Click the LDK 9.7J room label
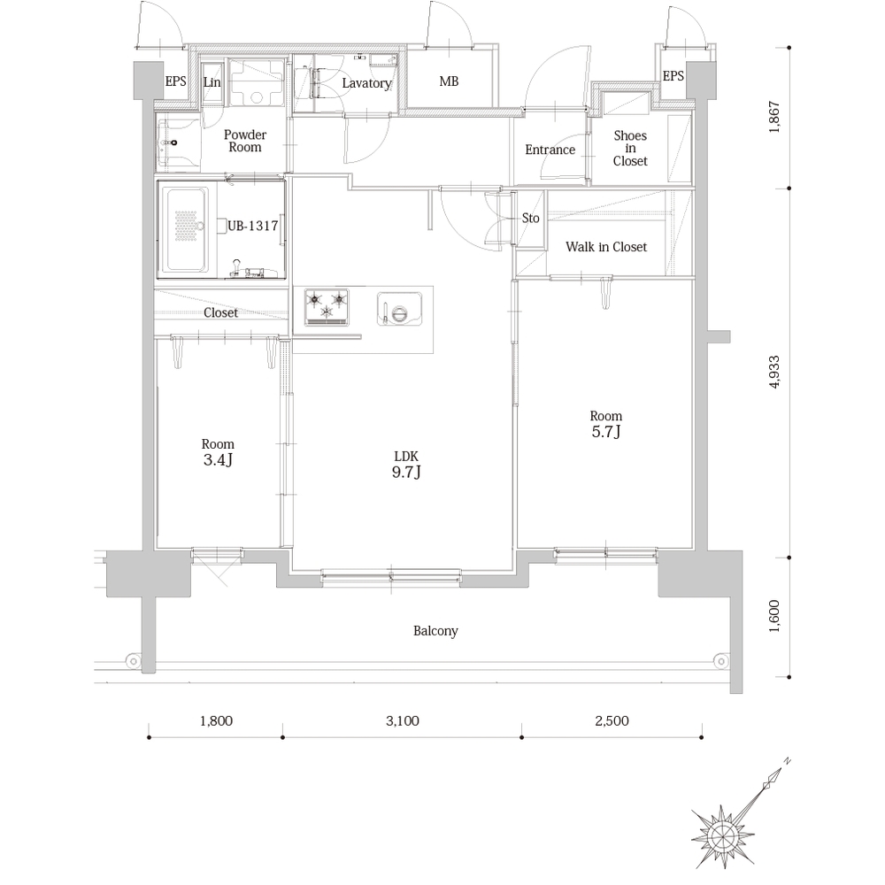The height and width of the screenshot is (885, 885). [406, 465]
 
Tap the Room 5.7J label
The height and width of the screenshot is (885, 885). [606, 424]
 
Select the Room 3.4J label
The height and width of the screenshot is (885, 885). [218, 452]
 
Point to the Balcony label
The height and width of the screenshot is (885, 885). [435, 630]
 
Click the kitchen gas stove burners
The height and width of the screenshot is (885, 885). [327, 307]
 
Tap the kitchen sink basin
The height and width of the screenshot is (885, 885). [400, 309]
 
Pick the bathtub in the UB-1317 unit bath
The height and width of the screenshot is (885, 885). [185, 229]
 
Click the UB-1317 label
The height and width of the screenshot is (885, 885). [253, 226]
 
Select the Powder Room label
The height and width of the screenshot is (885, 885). [245, 141]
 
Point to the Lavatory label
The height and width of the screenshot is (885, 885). [367, 83]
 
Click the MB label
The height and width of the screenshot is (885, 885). [449, 81]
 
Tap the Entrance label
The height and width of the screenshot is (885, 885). [550, 150]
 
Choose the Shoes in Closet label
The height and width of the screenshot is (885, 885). [630, 148]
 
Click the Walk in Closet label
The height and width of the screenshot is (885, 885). [606, 247]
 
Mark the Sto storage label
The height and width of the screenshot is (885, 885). [530, 218]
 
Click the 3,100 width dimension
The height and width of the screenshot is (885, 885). [403, 720]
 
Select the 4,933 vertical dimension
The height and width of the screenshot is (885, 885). [773, 372]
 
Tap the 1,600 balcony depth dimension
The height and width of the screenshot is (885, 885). [773, 616]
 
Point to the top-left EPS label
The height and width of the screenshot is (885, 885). [175, 81]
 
